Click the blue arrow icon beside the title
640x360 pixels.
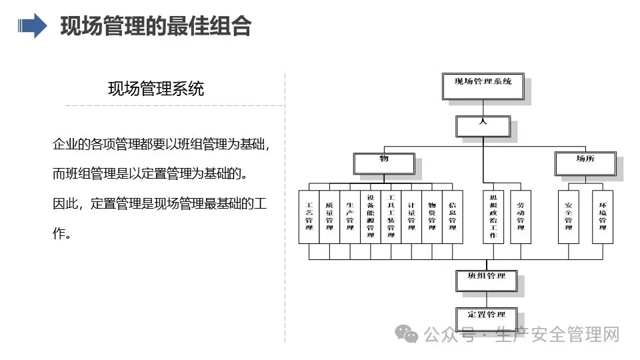pos(32,26)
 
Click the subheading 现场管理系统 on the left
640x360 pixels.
pos(156,89)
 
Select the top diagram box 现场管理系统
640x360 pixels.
pos(483,86)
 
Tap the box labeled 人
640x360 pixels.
pos(483,127)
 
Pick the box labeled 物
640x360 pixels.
pos(384,164)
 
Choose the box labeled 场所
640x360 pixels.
pos(585,164)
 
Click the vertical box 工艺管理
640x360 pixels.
pos(309,217)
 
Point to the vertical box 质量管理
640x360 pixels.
pos(329,217)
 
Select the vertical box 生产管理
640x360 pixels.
pos(350,217)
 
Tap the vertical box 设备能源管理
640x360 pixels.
pos(371,217)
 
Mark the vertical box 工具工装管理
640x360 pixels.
pos(391,217)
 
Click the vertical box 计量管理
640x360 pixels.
pos(411,217)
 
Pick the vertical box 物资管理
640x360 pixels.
pos(432,217)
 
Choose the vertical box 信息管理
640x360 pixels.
pos(453,217)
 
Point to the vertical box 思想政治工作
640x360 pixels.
pos(493,217)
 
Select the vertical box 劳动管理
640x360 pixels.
pos(521,217)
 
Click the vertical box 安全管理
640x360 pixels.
pos(569,217)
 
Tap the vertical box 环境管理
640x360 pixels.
pos(603,217)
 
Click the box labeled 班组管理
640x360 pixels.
pos(487,281)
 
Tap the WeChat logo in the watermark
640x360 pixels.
pos(407,334)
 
